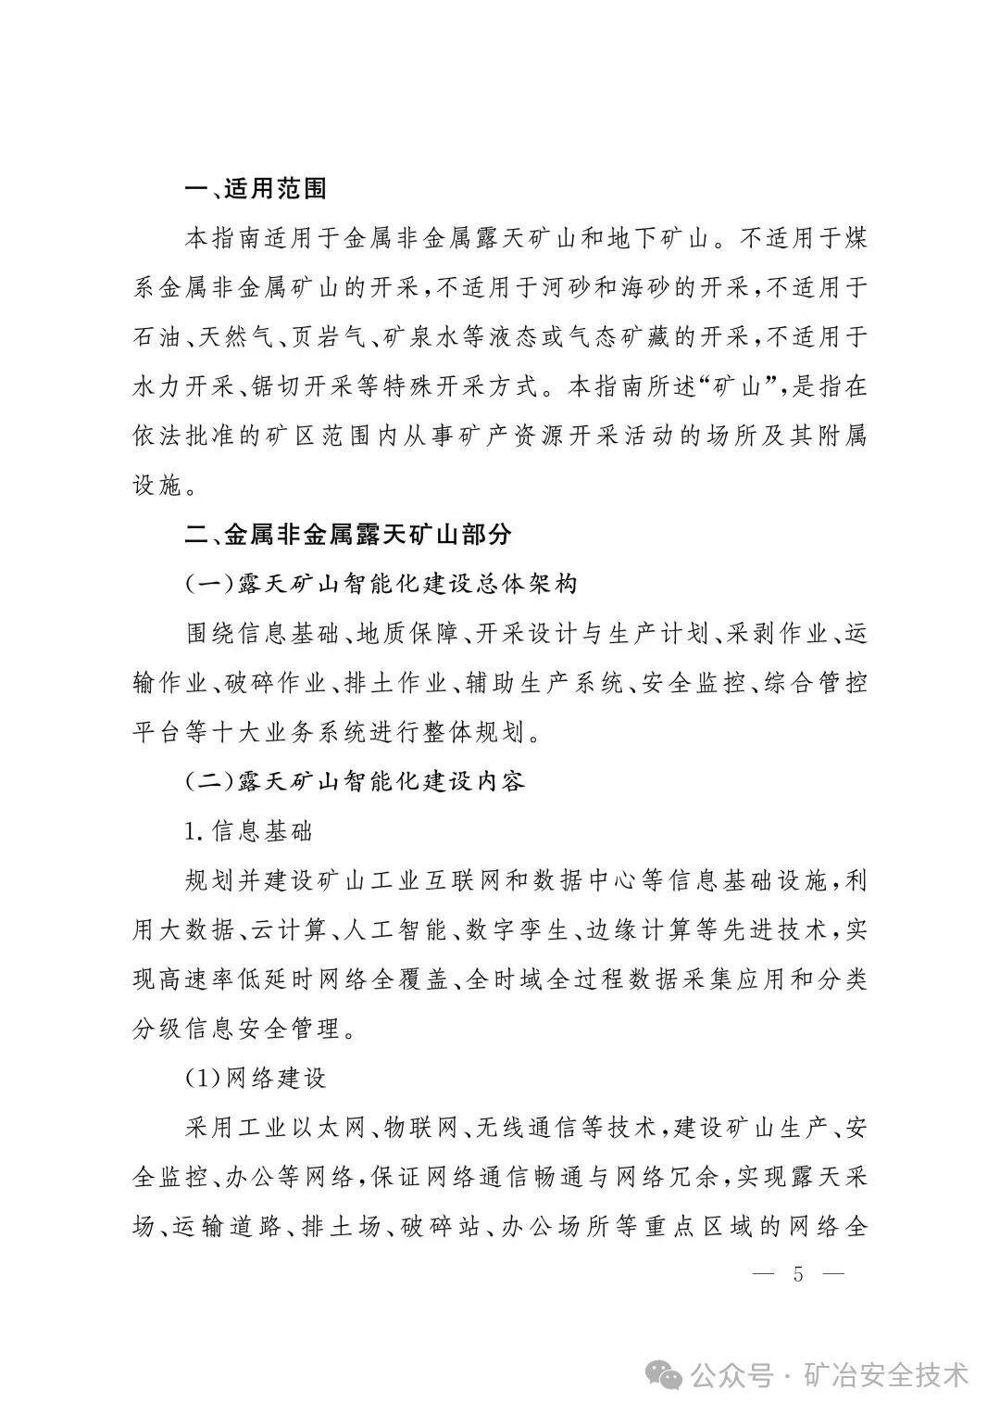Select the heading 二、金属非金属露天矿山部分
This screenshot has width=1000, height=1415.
347,535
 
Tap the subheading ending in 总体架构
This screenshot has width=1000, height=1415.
381,585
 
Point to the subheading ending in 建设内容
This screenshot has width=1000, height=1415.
356,781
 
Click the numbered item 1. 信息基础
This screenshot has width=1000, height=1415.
249,830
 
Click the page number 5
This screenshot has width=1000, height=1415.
798,1274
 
